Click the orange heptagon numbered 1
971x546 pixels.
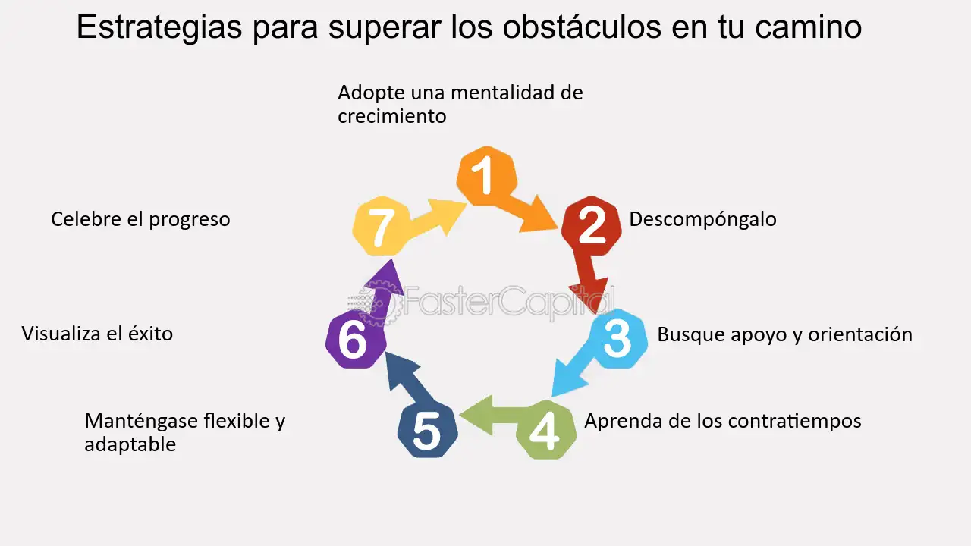point(486,176)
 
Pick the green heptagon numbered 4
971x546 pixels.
point(545,430)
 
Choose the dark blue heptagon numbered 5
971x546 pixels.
point(427,430)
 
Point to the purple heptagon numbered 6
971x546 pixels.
point(352,341)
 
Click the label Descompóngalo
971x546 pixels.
point(702,219)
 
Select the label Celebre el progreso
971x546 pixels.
point(140,219)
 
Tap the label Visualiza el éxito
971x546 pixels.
point(97,334)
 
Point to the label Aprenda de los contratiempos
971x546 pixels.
point(722,420)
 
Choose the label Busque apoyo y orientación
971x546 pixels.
point(784,334)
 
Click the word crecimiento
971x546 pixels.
point(391,117)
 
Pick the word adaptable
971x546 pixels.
point(130,444)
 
